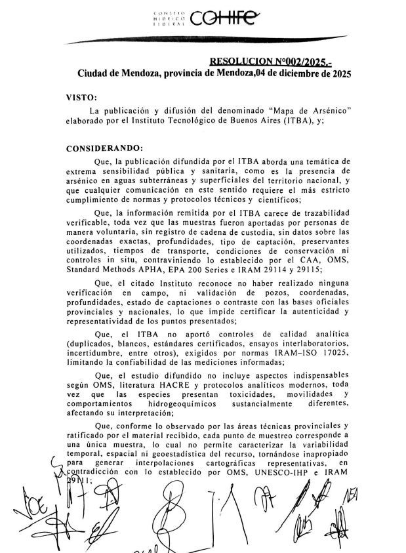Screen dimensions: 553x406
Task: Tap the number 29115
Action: click(x=284, y=268)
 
